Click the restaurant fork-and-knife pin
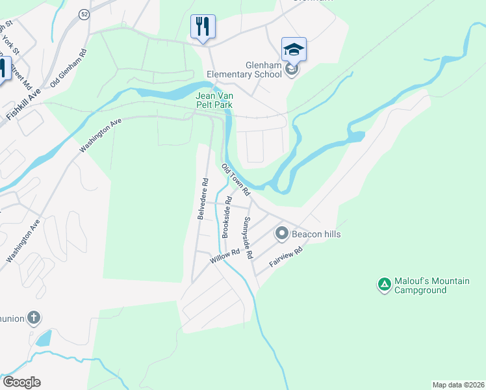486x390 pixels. pos(203,27)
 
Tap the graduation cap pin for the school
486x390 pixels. pos(294,50)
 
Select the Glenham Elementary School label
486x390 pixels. pos(244,70)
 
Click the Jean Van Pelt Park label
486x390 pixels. pos(214,99)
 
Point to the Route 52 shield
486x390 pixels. pos(84,14)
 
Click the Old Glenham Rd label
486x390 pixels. pos(68,65)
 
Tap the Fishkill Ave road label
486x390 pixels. pos(24,103)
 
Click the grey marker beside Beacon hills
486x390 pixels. pos(282,233)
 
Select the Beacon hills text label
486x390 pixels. pos(316,234)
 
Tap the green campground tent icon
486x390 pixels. pos(384,284)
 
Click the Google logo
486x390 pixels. pos(21,382)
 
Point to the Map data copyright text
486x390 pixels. pos(458,385)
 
